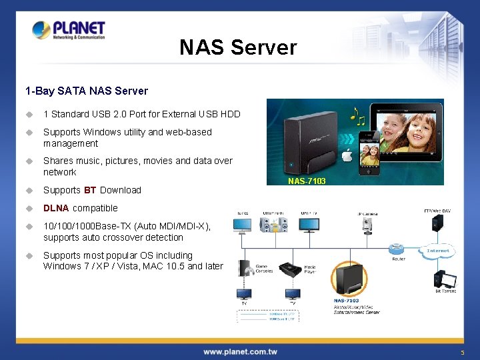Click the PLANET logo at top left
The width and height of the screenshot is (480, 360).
click(69, 30)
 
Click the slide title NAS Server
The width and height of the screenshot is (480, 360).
click(238, 47)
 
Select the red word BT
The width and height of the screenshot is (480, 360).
click(90, 190)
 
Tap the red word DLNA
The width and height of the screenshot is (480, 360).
click(56, 208)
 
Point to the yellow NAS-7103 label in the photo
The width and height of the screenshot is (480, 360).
click(307, 181)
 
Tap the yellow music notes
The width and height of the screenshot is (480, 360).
click(358, 116)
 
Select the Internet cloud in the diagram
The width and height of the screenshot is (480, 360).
click(439, 252)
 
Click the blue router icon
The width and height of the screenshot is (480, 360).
click(397, 248)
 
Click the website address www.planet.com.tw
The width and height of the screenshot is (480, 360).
click(240, 351)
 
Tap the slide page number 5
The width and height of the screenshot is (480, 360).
click(461, 352)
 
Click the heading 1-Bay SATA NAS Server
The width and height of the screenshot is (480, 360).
click(87, 91)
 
